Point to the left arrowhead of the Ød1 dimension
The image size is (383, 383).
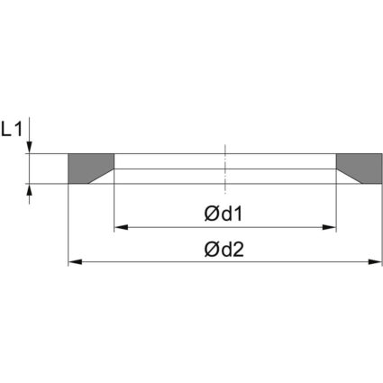[119, 227]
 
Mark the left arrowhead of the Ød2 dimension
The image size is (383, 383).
[75, 262]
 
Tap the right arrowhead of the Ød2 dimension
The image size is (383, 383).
[377, 262]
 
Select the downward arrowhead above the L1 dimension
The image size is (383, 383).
[31, 148]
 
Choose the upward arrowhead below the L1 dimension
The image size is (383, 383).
[31, 189]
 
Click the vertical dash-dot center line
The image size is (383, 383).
[225, 167]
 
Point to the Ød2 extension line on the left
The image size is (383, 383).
[68, 225]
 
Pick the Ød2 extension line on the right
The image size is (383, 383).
[382, 225]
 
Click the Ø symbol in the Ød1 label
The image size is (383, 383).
[210, 214]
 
